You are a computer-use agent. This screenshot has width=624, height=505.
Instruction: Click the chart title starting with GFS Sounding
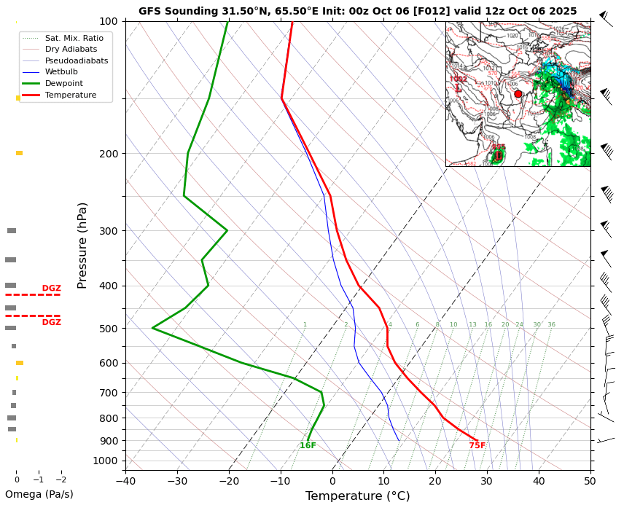tap(357, 11)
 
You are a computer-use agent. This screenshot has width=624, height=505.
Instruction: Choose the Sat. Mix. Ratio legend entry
tap(74, 37)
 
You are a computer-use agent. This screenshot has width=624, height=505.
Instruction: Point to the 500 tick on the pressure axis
tap(109, 329)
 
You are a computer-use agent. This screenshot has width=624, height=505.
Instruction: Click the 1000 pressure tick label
tap(106, 461)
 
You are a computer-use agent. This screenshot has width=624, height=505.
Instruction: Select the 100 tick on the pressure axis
tap(109, 21)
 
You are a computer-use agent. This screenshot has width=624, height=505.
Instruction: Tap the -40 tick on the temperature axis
tap(126, 480)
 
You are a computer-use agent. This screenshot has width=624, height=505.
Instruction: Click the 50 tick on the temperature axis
tap(590, 480)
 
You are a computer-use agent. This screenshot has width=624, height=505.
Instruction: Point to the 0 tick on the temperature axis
tap(332, 480)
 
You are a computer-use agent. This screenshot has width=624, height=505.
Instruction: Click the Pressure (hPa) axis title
tap(83, 245)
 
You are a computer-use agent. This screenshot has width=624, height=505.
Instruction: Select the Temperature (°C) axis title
tap(357, 496)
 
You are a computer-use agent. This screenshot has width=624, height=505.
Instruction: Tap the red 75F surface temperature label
tap(477, 445)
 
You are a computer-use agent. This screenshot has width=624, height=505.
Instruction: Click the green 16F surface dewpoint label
tap(308, 445)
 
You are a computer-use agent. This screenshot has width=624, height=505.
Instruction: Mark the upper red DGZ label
tap(51, 289)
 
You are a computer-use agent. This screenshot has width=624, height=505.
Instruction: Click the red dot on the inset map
tap(518, 94)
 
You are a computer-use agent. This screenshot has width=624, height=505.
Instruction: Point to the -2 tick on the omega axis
tap(61, 479)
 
